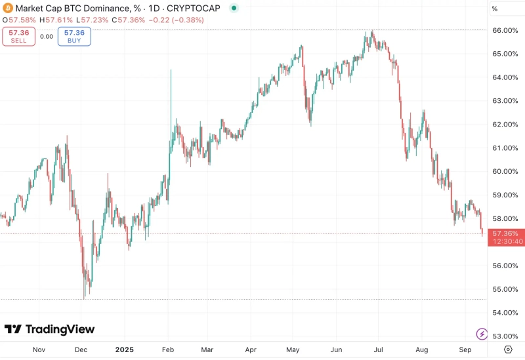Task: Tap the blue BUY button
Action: pos(74,37)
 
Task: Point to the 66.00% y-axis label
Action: pos(505,30)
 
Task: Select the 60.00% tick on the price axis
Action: pos(505,171)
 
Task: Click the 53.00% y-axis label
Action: pos(505,336)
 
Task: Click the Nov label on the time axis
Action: pos(39,350)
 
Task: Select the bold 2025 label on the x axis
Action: pos(124,350)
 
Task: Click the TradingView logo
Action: pos(49,329)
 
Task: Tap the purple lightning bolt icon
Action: pos(482,334)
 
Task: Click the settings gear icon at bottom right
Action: pos(507,350)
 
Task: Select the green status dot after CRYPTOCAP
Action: pos(234,9)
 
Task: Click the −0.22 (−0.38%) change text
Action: pos(176,20)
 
